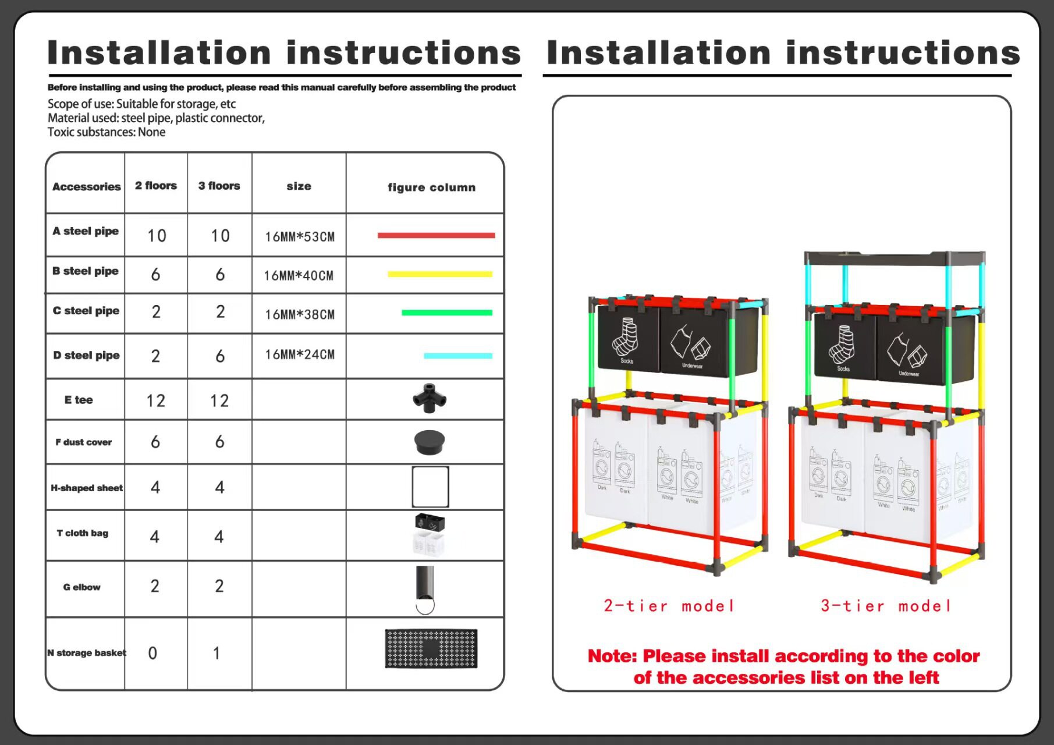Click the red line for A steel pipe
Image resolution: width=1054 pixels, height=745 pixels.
[x=436, y=235]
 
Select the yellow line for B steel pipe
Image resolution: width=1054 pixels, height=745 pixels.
[x=440, y=274]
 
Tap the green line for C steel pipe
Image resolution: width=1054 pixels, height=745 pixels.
[x=446, y=313]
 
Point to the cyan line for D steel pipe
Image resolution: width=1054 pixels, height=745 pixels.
[x=458, y=356]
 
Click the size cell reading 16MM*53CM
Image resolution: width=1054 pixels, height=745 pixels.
[x=300, y=237]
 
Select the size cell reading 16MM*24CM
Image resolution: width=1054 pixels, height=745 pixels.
[x=300, y=354]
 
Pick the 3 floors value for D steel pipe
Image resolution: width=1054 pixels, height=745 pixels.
[x=219, y=356]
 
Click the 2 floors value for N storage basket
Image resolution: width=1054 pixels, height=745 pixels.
[x=152, y=653]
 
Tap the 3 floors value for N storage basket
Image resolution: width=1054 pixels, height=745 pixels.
[x=217, y=653]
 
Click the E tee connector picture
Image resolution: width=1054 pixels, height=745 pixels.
[x=430, y=398]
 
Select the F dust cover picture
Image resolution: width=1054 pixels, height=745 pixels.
[x=430, y=442]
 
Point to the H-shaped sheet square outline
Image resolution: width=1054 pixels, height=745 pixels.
[x=430, y=487]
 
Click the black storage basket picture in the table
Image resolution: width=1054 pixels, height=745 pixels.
[x=431, y=648]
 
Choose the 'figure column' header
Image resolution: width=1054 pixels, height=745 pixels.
[x=431, y=187]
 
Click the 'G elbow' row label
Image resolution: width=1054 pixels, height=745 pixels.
[x=82, y=587]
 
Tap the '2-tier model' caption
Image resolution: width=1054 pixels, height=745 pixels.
[x=669, y=606]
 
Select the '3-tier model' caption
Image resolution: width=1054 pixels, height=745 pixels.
[x=886, y=606]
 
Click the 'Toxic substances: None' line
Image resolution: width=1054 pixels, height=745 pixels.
[x=107, y=132]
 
